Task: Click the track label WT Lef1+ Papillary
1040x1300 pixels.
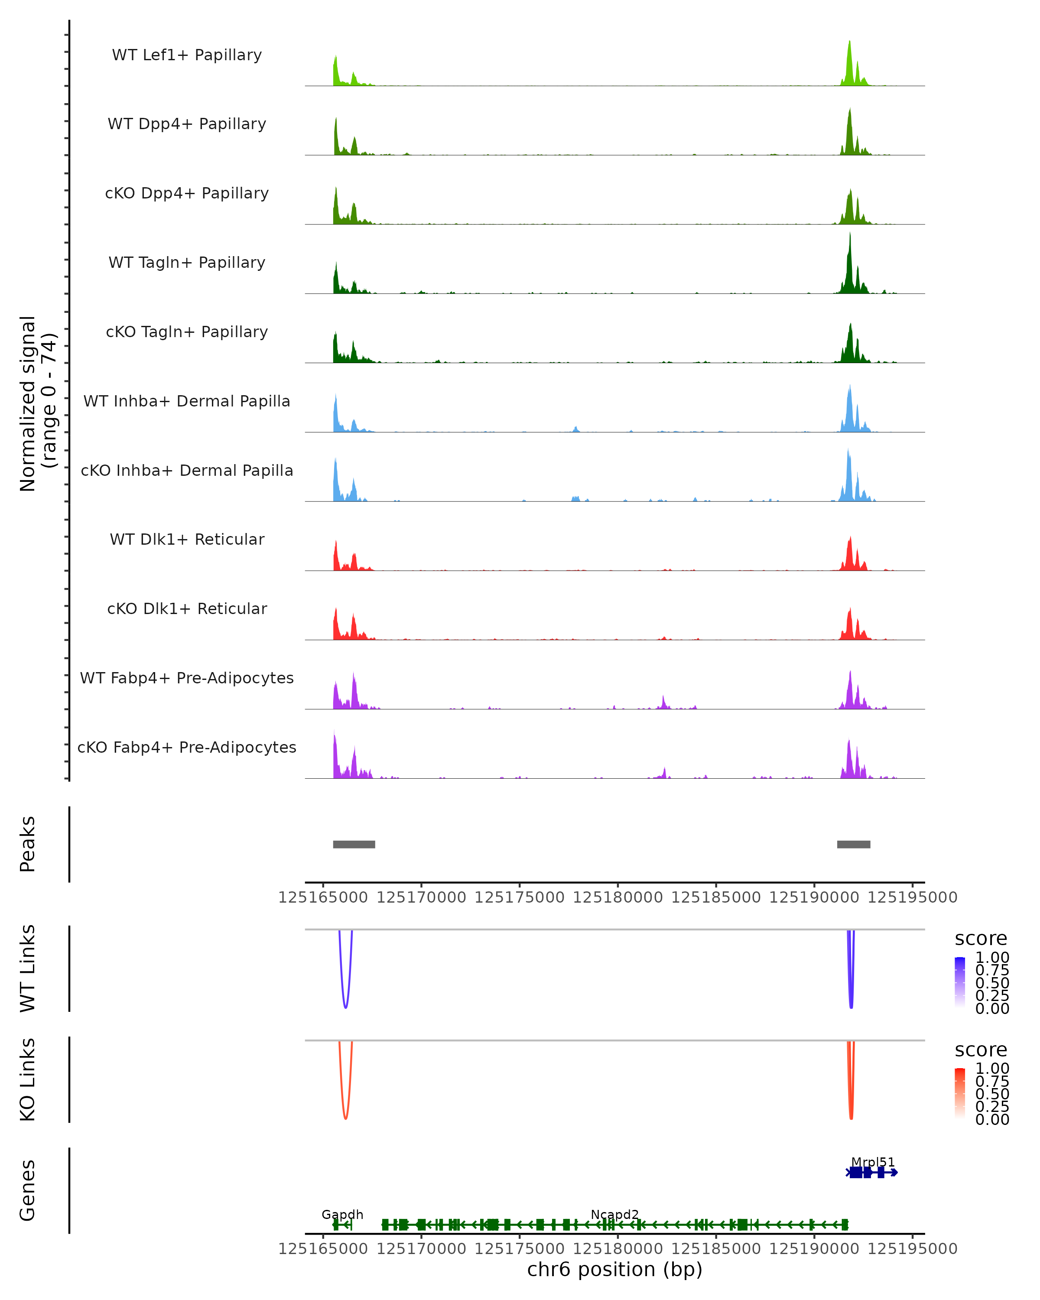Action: pos(187,55)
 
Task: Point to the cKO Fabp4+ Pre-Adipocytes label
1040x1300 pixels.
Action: pos(187,747)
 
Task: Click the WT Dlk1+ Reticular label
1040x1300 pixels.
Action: pos(187,539)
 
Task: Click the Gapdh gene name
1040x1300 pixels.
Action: pos(342,1214)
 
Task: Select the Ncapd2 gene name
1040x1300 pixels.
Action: pos(614,1214)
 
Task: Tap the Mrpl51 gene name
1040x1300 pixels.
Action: pos(873,1162)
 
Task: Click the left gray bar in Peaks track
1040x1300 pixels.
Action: pos(354,844)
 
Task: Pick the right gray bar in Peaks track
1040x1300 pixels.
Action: pos(854,844)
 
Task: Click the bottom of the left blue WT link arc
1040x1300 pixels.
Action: pos(345,1007)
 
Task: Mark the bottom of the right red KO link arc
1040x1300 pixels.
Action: pos(851,1118)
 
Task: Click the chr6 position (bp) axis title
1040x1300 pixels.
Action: pos(614,1270)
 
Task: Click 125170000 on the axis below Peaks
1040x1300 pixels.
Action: pos(422,898)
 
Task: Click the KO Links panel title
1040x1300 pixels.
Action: pos(28,1079)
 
